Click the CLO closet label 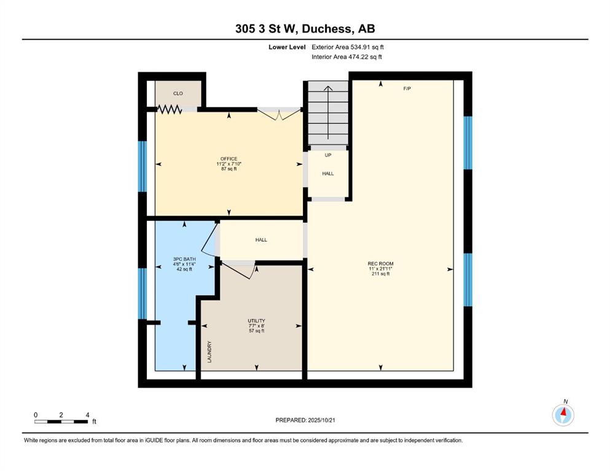[178, 94]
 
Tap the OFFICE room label [229, 159]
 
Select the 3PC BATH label [184, 259]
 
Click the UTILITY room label [256, 321]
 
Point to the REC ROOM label [380, 264]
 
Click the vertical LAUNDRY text [209, 352]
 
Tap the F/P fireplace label [407, 88]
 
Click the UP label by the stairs [328, 155]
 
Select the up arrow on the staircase [328, 112]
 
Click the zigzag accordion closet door [169, 110]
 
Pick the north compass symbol [563, 415]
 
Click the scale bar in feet [61, 421]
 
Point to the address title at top [305, 29]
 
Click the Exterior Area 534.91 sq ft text [348, 47]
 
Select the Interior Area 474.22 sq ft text [346, 56]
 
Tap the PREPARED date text [305, 420]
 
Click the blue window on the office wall [143, 166]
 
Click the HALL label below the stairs [328, 174]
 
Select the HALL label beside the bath [261, 240]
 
